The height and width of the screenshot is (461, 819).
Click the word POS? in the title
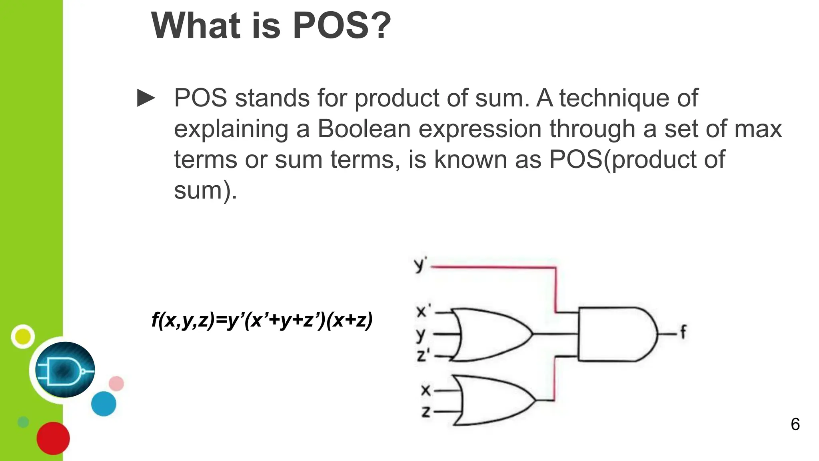tap(342, 26)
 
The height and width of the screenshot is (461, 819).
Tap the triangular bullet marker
tap(146, 98)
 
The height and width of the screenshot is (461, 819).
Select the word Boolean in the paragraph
tap(364, 129)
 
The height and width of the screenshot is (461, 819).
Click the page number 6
tap(795, 425)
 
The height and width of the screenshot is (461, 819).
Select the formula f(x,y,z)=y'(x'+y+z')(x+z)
tap(262, 320)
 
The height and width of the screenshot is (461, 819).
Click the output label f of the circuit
tap(683, 332)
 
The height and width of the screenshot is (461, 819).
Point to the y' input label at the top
tap(420, 265)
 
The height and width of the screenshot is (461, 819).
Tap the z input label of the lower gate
tap(426, 411)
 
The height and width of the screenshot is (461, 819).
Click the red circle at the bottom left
tap(53, 438)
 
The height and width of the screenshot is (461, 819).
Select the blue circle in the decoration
tap(104, 404)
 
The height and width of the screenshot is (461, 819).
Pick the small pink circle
tap(116, 384)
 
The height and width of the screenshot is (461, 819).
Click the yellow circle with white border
tap(23, 337)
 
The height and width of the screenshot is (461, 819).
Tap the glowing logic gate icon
tap(65, 370)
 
